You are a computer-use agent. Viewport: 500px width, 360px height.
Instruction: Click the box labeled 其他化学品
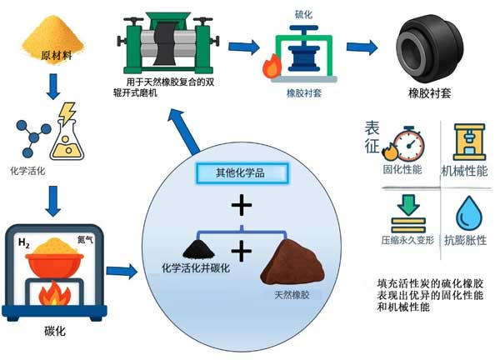point(240,173)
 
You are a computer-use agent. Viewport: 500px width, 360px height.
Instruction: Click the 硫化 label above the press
point(304,14)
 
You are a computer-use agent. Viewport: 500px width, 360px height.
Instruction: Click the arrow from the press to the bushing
point(362,47)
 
